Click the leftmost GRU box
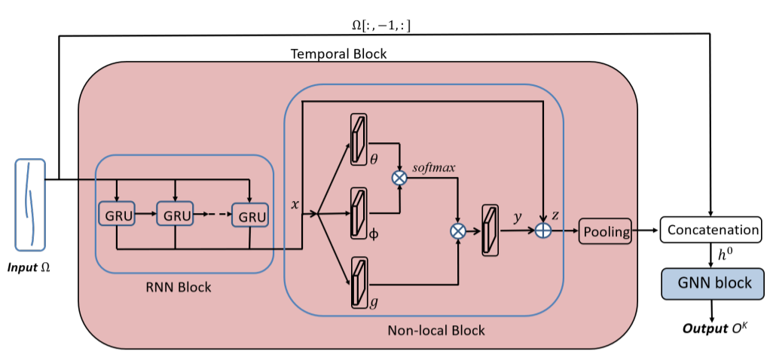[x=117, y=215]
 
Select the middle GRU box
[x=175, y=215]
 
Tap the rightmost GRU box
[x=251, y=215]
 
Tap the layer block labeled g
[x=359, y=282]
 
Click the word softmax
[x=434, y=165]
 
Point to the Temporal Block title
[x=338, y=54]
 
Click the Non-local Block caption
[x=435, y=330]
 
